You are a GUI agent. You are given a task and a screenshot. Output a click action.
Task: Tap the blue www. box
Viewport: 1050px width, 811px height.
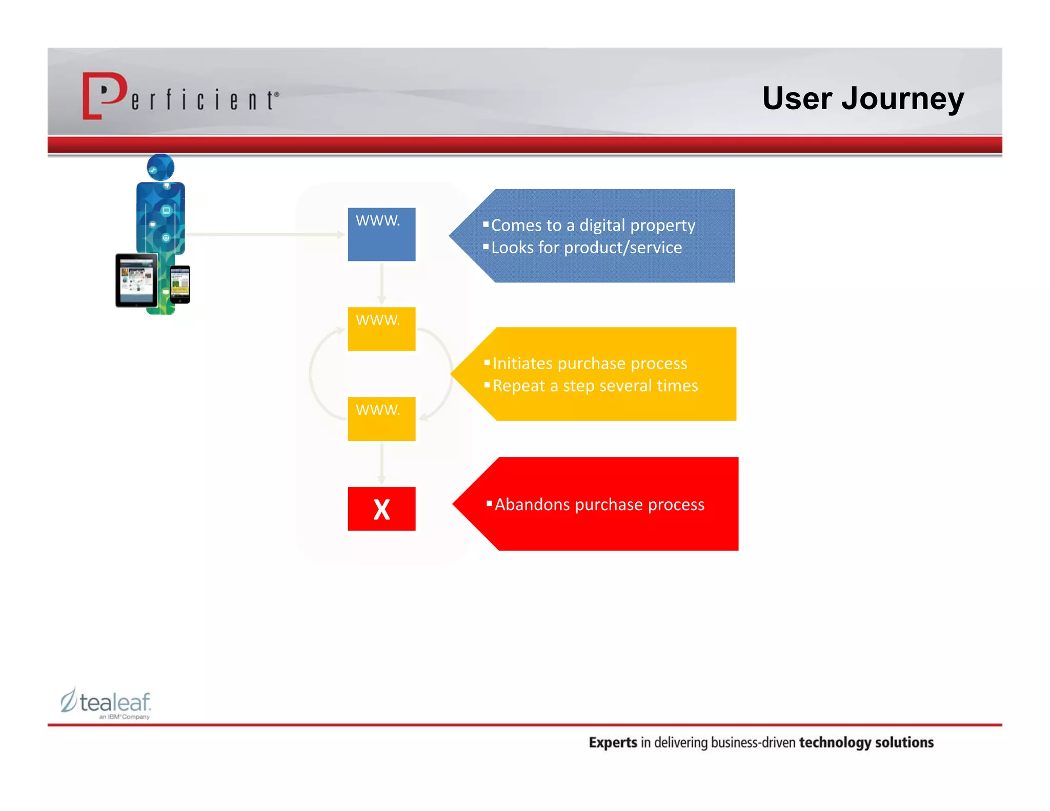pyautogui.click(x=381, y=234)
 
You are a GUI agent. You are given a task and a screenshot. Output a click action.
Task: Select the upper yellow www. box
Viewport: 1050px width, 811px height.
pyautogui.click(x=381, y=329)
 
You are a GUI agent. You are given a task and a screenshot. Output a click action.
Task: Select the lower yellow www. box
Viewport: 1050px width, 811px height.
pyautogui.click(x=381, y=418)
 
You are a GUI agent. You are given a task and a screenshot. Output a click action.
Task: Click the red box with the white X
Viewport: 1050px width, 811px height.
pyautogui.click(x=381, y=509)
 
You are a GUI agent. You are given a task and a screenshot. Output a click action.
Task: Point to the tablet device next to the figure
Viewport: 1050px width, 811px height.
pyautogui.click(x=136, y=280)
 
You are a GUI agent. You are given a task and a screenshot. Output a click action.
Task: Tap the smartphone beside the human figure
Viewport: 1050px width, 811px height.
pyautogui.click(x=180, y=284)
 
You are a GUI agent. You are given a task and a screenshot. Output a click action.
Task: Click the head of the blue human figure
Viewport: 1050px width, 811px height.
pyautogui.click(x=160, y=167)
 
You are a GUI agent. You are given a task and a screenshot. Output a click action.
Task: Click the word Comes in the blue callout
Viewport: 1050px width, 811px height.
pyautogui.click(x=515, y=226)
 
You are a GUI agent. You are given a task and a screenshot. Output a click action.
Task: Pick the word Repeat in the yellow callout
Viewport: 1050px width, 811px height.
pyautogui.click(x=518, y=386)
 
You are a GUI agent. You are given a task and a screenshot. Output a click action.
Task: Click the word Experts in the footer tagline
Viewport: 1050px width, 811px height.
pyautogui.click(x=612, y=742)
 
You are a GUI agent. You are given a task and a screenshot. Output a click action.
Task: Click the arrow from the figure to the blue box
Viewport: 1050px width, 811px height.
pyautogui.click(x=264, y=234)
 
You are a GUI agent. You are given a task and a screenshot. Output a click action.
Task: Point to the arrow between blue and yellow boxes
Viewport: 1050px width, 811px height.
pyautogui.click(x=381, y=283)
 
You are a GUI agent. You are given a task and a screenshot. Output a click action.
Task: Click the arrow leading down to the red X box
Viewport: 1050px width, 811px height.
pyautogui.click(x=381, y=463)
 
